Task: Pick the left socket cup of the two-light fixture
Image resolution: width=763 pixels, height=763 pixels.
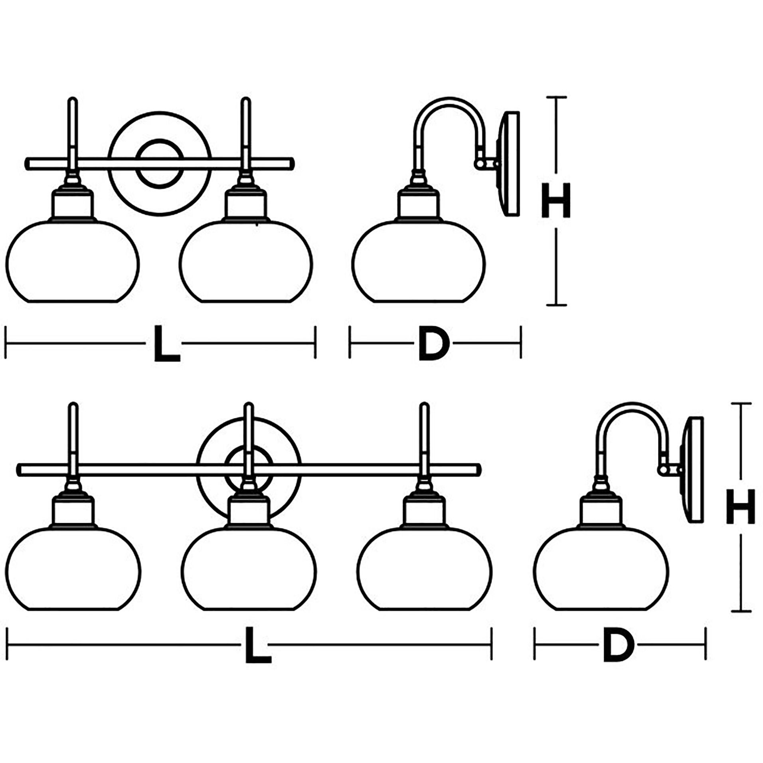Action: click(73, 204)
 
